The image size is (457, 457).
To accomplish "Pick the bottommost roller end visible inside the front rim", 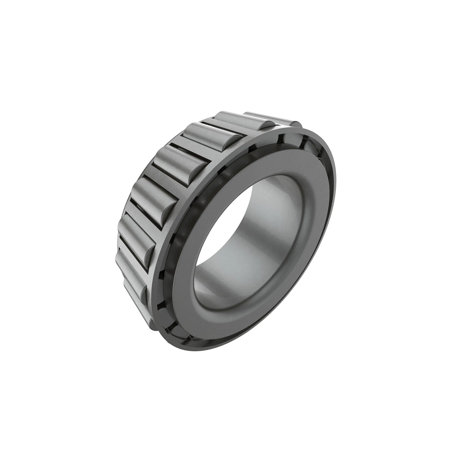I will (x=179, y=328).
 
